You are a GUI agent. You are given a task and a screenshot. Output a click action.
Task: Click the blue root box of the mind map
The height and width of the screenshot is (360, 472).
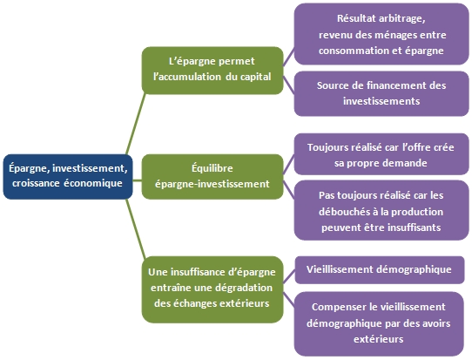point(68,177)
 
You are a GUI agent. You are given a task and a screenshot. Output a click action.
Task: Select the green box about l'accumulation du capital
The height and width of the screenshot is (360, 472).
point(212,71)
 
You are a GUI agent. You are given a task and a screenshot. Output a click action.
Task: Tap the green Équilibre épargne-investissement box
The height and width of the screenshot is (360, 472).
point(212,177)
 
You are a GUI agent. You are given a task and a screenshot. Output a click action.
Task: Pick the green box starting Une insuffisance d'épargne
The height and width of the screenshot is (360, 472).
point(212,289)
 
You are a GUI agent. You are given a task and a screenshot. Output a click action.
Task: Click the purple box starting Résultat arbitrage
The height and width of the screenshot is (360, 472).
point(381,34)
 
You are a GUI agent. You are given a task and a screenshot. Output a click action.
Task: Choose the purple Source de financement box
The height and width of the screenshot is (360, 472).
point(381,93)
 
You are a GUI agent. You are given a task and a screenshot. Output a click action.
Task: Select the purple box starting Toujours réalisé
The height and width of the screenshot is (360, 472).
point(381,154)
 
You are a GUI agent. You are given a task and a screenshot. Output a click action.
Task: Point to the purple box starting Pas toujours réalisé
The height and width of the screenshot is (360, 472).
point(381,210)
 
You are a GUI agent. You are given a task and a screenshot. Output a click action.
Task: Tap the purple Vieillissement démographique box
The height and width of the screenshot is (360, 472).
point(380,270)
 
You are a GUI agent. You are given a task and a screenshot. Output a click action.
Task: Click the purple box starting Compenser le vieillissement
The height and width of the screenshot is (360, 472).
point(379,324)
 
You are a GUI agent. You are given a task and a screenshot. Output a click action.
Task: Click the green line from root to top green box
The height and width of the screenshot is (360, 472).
point(136,124)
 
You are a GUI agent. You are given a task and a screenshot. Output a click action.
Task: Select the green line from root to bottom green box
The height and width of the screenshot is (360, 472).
point(136,229)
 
